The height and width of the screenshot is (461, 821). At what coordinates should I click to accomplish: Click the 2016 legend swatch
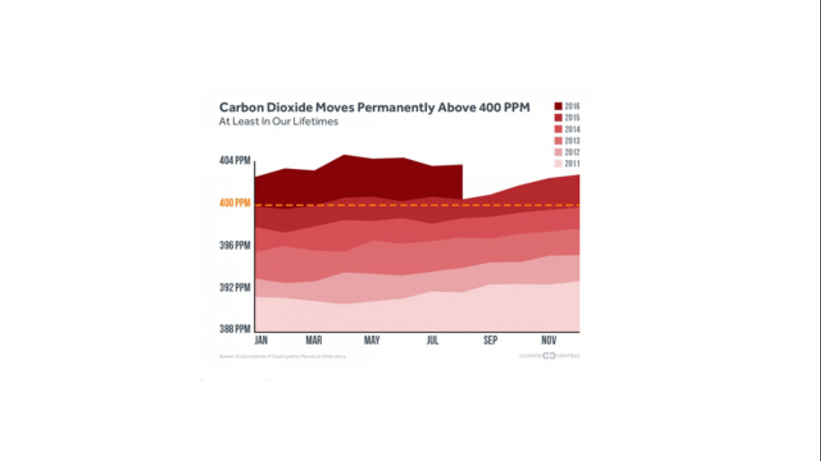[x=558, y=107]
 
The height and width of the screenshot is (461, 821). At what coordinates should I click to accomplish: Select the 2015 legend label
[x=572, y=118]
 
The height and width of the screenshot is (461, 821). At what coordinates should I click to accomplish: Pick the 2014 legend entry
[x=567, y=130]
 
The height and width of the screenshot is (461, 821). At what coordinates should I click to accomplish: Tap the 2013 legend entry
[x=567, y=141]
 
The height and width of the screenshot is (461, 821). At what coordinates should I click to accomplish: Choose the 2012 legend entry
[x=567, y=152]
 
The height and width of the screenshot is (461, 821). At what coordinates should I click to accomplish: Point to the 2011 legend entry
[x=567, y=164]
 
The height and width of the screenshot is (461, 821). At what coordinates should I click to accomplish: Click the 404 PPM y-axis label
[x=234, y=161]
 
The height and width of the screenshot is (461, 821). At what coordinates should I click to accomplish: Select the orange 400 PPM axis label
[x=234, y=203]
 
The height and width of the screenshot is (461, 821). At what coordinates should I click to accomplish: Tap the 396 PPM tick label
[x=234, y=246]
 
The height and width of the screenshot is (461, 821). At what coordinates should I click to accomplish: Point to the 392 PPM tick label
[x=234, y=288]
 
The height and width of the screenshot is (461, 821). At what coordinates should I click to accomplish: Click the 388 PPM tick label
[x=234, y=329]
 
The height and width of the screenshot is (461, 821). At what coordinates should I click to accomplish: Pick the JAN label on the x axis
[x=261, y=341]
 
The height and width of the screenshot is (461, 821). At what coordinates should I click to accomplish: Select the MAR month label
[x=314, y=341]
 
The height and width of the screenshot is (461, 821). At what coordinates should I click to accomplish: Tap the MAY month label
[x=372, y=341]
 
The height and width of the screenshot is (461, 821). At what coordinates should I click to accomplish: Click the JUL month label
[x=432, y=341]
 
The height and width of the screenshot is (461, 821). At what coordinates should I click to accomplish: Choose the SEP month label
[x=490, y=341]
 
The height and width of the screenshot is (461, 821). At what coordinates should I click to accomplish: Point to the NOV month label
[x=549, y=341]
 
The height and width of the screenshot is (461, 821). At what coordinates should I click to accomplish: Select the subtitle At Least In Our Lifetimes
[x=278, y=122]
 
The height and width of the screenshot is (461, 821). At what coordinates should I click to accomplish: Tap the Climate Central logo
[x=550, y=356]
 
